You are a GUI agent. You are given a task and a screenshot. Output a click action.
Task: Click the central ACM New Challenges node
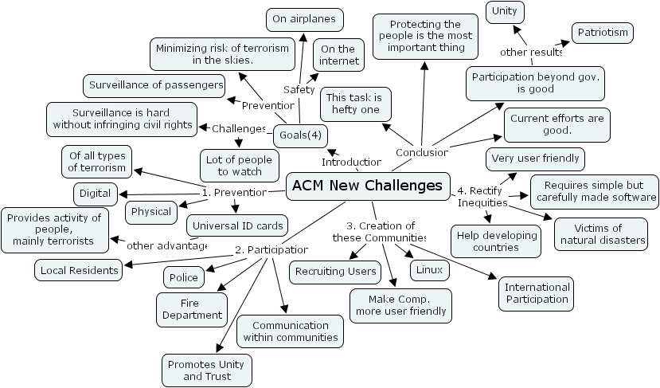(x=367, y=186)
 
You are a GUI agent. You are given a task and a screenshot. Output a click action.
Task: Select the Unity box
(x=505, y=10)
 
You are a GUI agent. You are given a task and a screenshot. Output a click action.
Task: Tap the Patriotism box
(x=603, y=33)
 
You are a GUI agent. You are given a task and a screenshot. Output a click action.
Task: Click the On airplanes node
(x=303, y=18)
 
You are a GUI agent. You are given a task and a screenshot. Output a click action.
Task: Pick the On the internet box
(x=338, y=55)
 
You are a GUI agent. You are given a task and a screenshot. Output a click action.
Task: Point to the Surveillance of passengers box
(x=154, y=84)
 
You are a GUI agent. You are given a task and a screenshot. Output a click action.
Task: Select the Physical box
(x=151, y=212)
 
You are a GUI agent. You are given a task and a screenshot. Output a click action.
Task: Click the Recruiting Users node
(x=335, y=272)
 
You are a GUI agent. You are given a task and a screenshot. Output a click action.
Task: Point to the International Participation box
(x=537, y=293)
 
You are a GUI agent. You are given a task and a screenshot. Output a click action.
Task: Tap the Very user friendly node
(x=535, y=159)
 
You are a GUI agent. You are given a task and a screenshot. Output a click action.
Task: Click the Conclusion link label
(x=421, y=151)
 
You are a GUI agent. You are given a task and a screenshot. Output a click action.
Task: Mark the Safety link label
(x=299, y=89)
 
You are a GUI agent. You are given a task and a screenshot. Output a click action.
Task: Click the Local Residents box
(x=78, y=270)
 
